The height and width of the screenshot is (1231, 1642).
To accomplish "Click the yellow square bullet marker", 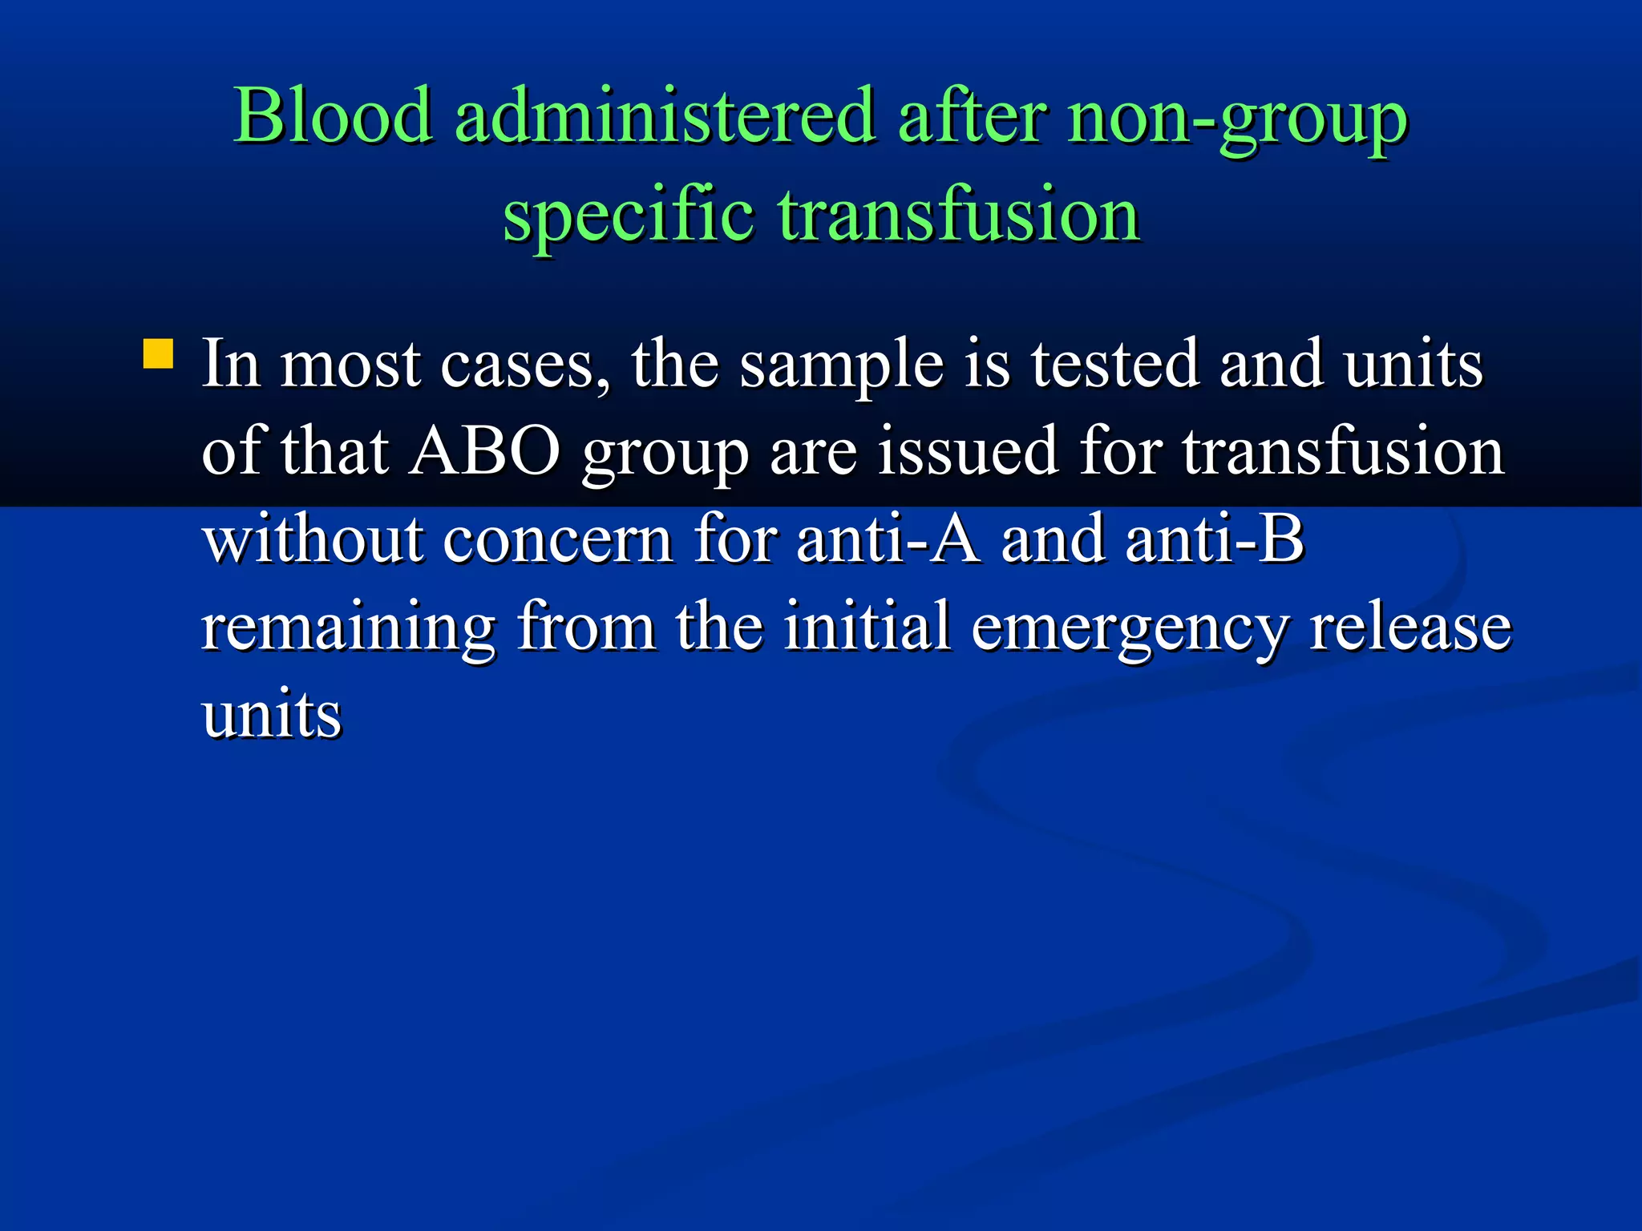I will pyautogui.click(x=158, y=353).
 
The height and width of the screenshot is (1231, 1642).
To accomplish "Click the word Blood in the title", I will pyautogui.click(x=333, y=116).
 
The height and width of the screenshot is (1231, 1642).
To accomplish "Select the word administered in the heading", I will pyautogui.click(x=665, y=116).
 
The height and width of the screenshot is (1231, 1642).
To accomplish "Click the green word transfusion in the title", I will pyautogui.click(x=959, y=214).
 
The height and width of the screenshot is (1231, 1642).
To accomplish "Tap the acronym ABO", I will pyautogui.click(x=484, y=451).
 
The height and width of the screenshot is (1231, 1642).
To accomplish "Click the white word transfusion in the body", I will pyautogui.click(x=1344, y=451).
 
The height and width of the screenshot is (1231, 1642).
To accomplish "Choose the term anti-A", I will pyautogui.click(x=888, y=539).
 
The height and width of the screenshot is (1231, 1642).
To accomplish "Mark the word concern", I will pyautogui.click(x=558, y=539).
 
